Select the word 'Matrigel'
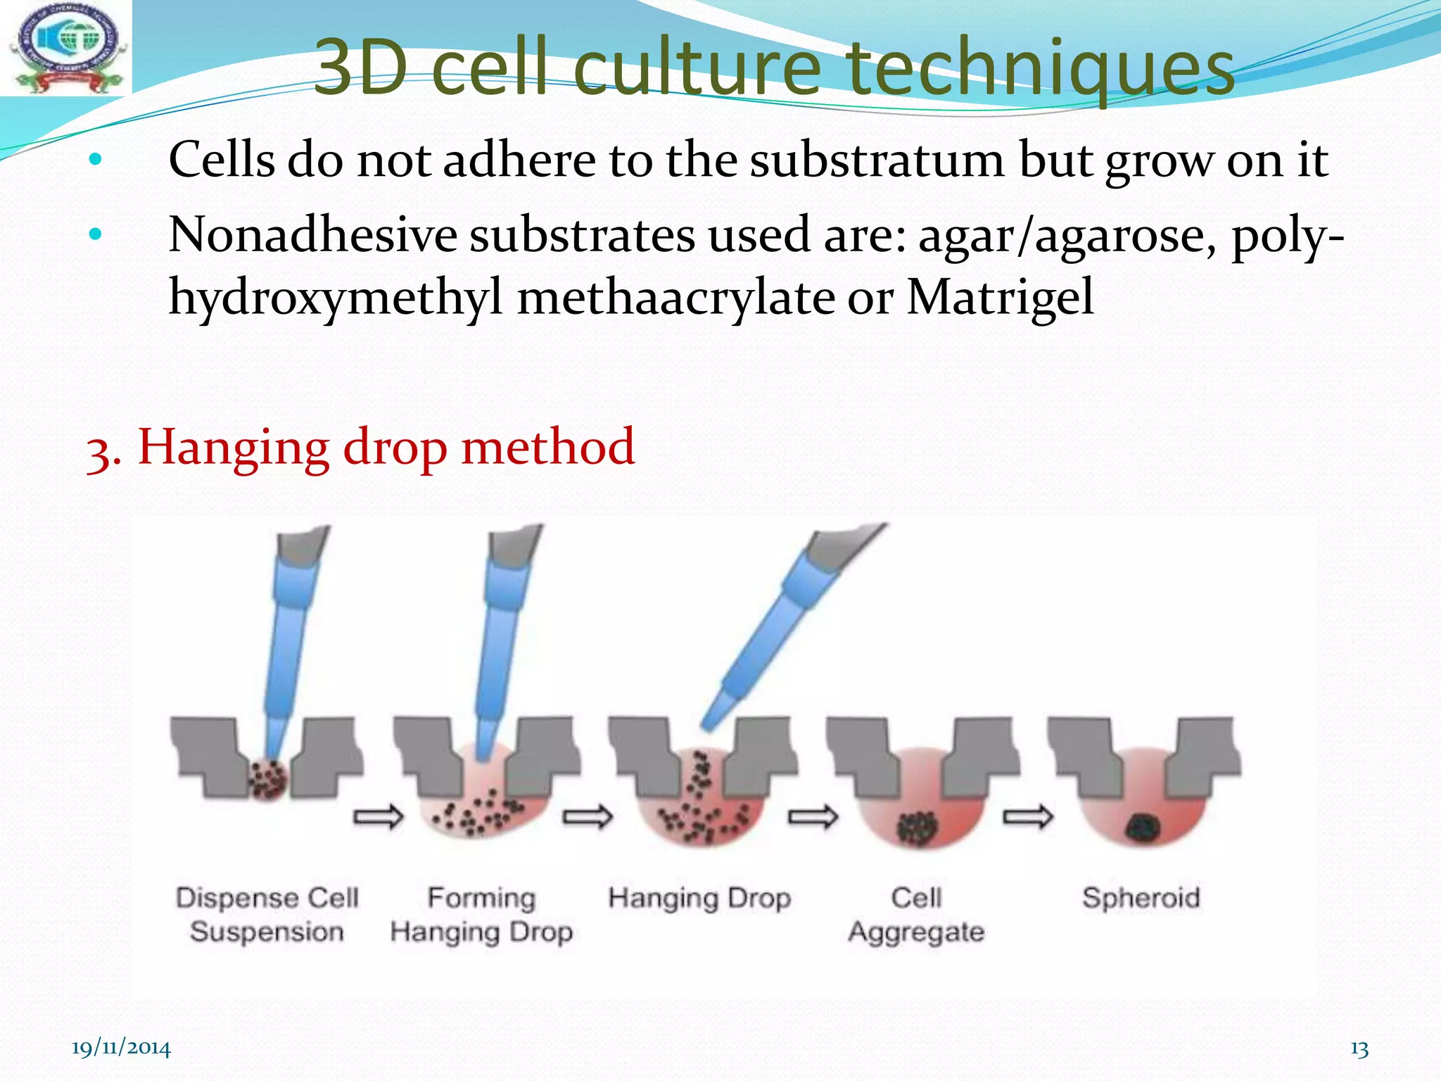point(1000,297)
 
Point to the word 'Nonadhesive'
point(312,235)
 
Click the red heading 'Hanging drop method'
point(386,447)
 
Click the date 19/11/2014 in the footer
point(121,1048)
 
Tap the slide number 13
point(1359,1049)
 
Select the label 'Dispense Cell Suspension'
point(267,914)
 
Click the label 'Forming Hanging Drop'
point(482,914)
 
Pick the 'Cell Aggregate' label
point(916,914)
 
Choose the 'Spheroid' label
point(1141,898)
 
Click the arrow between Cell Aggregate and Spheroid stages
point(1027,817)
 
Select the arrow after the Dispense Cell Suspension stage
point(379,817)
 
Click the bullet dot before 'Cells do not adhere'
point(96,160)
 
